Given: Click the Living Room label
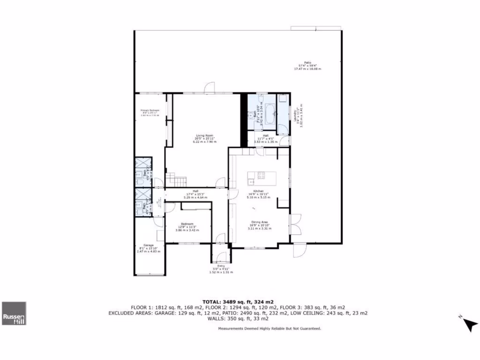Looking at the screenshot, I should coord(202,135).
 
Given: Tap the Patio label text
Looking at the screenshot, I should coord(307,62).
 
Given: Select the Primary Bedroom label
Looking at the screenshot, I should coord(150,111).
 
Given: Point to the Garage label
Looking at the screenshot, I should coord(148,245).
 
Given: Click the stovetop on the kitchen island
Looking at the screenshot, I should coord(261,176).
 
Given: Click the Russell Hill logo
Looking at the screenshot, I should coord(14,313).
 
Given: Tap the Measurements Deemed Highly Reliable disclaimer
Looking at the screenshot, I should coord(270,329).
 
